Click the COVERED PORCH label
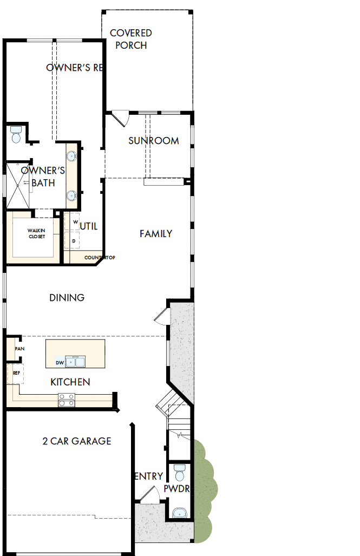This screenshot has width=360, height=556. click(x=131, y=40)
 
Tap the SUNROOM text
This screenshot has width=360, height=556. click(x=153, y=141)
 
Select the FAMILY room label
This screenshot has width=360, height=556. click(x=156, y=234)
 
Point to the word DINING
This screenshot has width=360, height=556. click(x=67, y=298)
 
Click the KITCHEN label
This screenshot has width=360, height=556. click(x=70, y=382)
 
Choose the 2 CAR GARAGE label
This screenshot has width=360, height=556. click(x=76, y=441)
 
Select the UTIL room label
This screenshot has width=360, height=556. click(x=89, y=226)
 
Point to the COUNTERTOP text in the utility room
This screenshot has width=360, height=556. click(x=100, y=258)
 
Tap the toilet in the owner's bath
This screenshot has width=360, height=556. click(x=16, y=134)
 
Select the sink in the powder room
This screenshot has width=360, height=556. click(x=178, y=512)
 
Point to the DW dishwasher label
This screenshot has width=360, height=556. click(x=60, y=362)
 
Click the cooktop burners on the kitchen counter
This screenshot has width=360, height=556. click(x=67, y=401)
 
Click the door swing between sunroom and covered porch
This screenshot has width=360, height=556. click(x=119, y=117)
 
